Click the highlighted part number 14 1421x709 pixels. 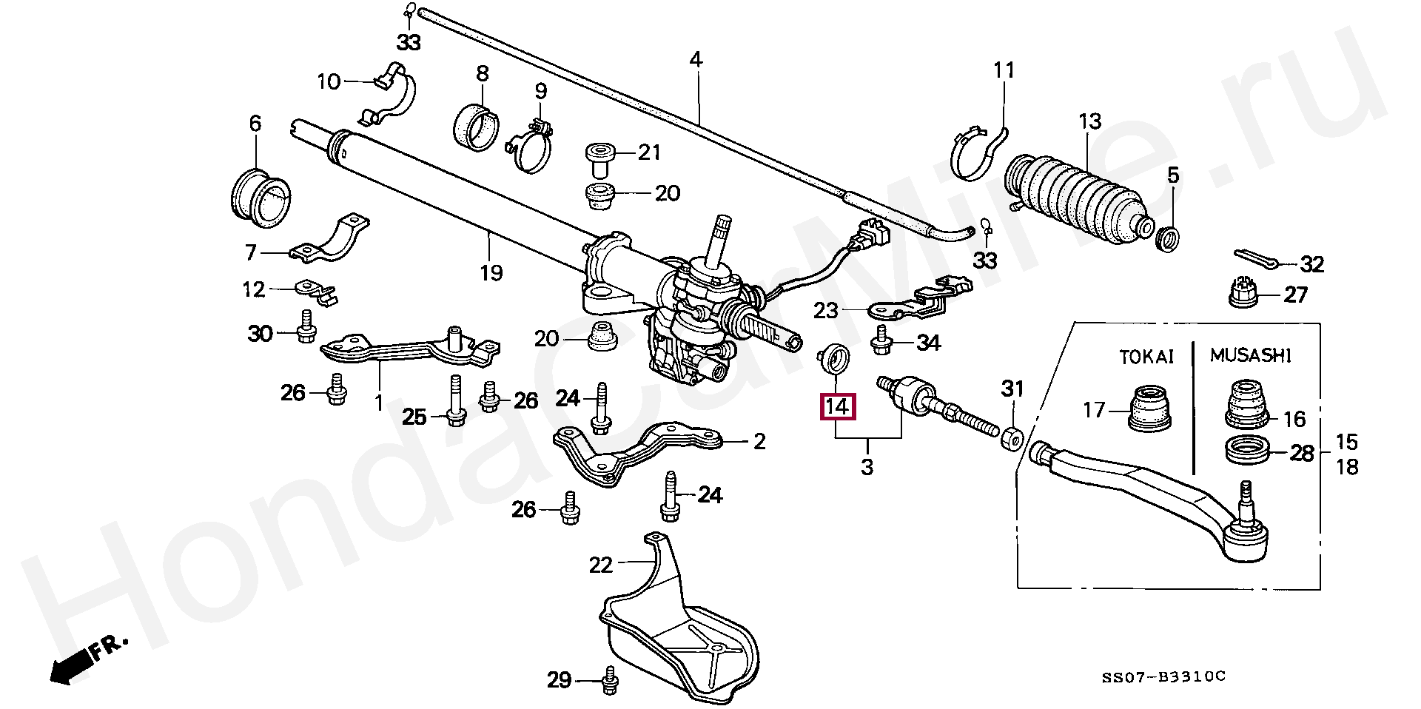[837, 406]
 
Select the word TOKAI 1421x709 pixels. [1146, 357]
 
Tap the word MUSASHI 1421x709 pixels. [1251, 356]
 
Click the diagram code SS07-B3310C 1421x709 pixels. [1163, 676]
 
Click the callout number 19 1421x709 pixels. [491, 273]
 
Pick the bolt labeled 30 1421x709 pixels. [306, 334]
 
